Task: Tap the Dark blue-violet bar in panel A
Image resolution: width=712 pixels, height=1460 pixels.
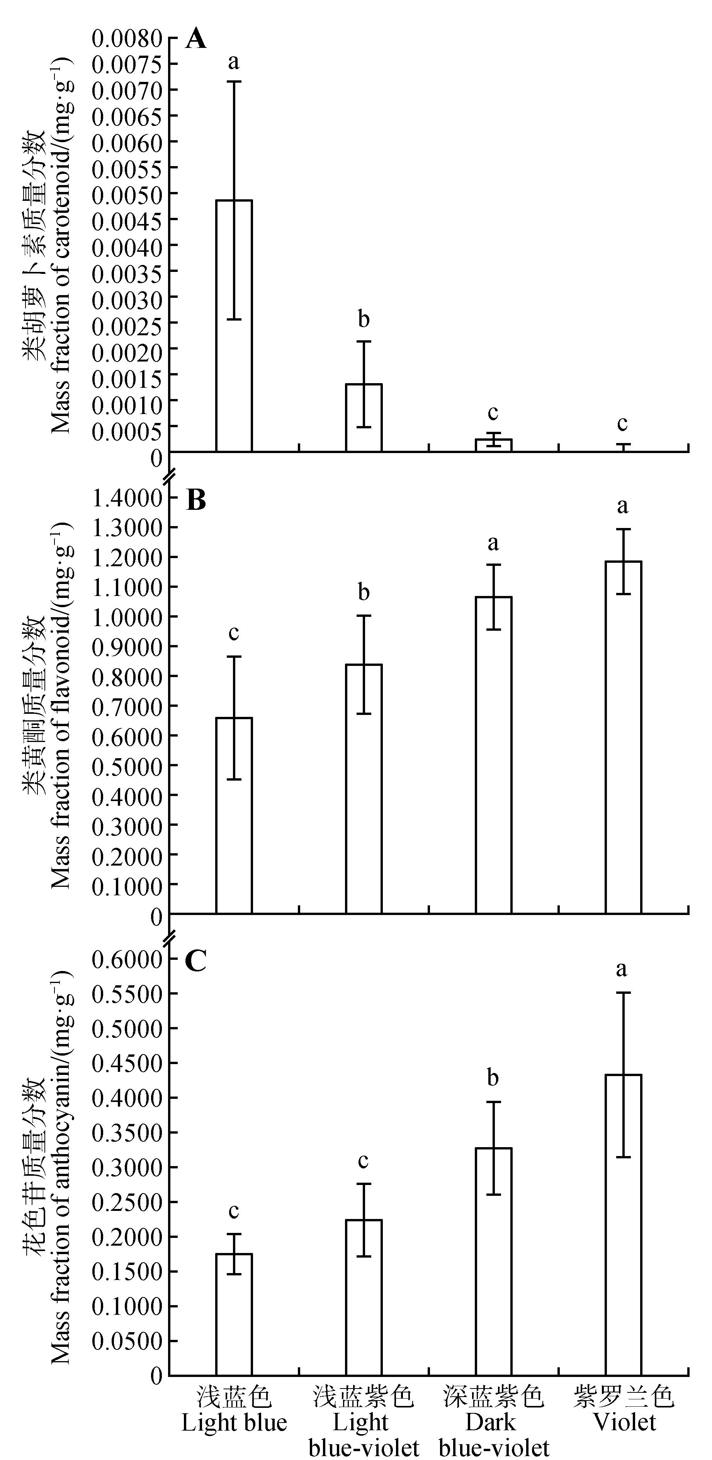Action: tap(494, 445)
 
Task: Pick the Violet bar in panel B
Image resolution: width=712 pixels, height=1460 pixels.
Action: tap(624, 737)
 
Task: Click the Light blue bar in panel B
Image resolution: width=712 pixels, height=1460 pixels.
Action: tap(234, 816)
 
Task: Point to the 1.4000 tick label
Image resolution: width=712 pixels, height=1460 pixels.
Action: tap(127, 498)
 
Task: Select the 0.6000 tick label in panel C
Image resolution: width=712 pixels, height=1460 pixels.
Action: tap(127, 959)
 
